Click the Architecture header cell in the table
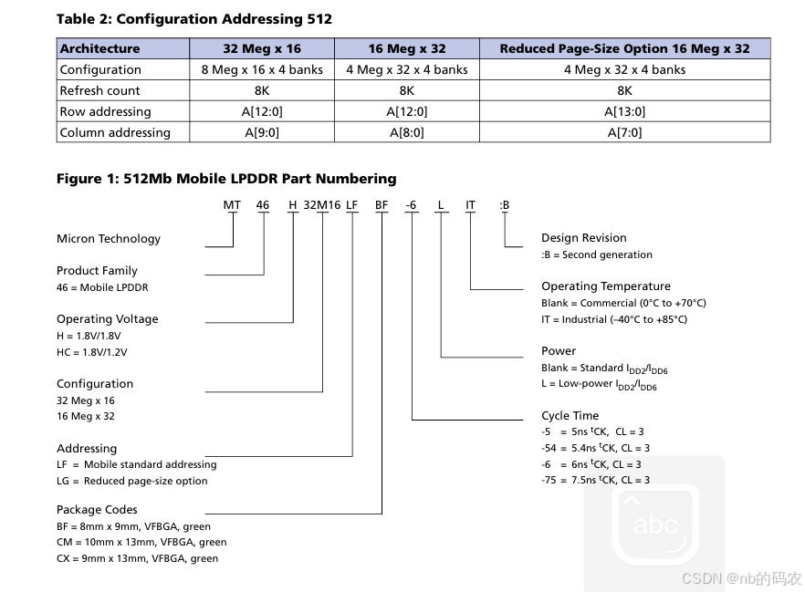point(99,48)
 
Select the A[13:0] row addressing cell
point(624,111)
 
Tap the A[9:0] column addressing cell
point(261,132)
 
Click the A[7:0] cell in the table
point(624,132)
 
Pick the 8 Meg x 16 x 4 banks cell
point(261,69)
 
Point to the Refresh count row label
point(99,90)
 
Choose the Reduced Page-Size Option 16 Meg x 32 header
point(624,48)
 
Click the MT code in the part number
point(232,205)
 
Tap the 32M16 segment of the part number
point(321,205)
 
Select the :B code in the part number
point(505,205)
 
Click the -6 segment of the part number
point(411,205)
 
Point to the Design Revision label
point(584,238)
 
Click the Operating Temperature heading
point(606,286)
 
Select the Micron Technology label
point(109,239)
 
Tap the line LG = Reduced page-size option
point(131,481)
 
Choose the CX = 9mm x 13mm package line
point(137,558)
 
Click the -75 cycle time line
point(595,480)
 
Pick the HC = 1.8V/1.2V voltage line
point(92,352)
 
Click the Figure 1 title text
point(226,179)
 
